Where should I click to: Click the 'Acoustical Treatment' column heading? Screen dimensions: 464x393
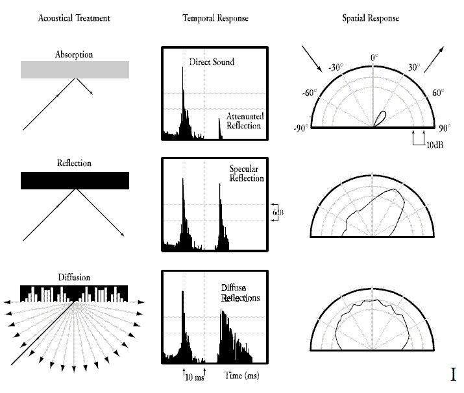pyautogui.click(x=74, y=18)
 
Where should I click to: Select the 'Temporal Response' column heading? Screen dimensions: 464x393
pyautogui.click(x=215, y=18)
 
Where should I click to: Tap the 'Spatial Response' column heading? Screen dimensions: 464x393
pyautogui.click(x=371, y=18)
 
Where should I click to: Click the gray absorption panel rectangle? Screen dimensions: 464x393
pyautogui.click(x=75, y=70)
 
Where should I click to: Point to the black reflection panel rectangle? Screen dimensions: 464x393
pyautogui.click(x=75, y=180)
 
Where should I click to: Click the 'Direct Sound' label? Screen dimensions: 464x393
pyautogui.click(x=212, y=62)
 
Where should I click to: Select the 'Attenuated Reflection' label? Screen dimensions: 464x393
pyautogui.click(x=245, y=121)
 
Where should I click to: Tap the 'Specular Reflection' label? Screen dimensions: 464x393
pyautogui.click(x=247, y=174)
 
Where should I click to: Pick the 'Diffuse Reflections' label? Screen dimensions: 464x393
pyautogui.click(x=240, y=292)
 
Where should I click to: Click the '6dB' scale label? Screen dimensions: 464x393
pyautogui.click(x=278, y=212)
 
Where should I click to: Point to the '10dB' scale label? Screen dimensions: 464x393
pyautogui.click(x=435, y=145)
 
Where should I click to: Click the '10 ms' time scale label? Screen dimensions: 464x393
pyautogui.click(x=195, y=377)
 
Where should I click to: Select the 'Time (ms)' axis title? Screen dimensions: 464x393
pyautogui.click(x=242, y=375)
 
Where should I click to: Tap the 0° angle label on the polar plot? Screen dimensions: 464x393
pyautogui.click(x=374, y=57)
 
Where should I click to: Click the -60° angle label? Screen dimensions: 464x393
pyautogui.click(x=310, y=93)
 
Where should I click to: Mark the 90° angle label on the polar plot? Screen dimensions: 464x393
pyautogui.click(x=445, y=128)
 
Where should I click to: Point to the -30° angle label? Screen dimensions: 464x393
pyautogui.click(x=336, y=67)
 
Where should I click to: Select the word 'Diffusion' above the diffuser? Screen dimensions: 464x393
pyautogui.click(x=74, y=278)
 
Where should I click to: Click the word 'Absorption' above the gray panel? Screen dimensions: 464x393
pyautogui.click(x=74, y=54)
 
